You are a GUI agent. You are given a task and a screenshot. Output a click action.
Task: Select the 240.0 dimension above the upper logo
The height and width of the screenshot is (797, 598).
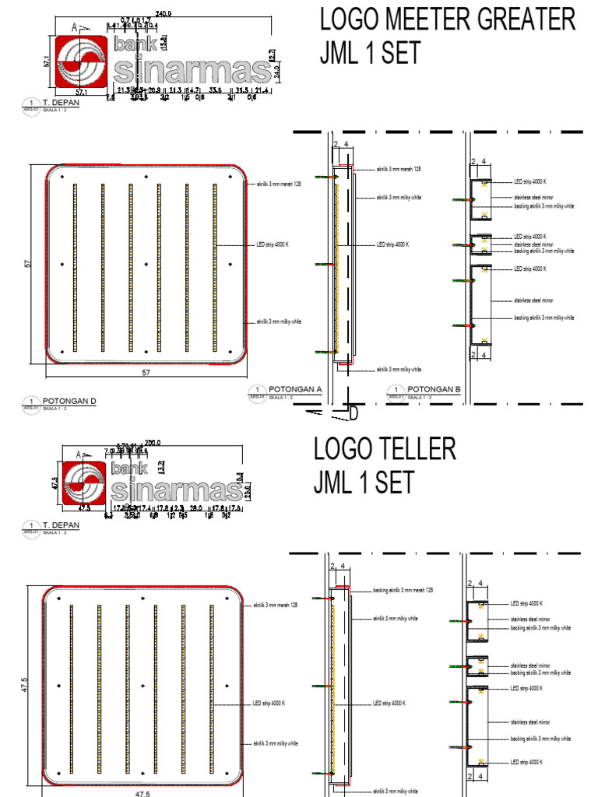click(x=164, y=13)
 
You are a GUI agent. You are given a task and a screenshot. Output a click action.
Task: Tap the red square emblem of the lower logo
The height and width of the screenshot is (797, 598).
click(x=82, y=484)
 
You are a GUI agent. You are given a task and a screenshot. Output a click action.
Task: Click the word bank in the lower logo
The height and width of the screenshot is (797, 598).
click(x=128, y=469)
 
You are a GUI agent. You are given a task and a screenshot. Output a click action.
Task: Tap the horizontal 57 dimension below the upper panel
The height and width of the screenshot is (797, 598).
click(x=145, y=373)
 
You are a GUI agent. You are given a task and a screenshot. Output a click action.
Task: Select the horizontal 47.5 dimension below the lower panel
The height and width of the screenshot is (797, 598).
click(x=142, y=793)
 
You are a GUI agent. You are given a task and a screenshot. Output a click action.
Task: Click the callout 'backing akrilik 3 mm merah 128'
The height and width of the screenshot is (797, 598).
click(x=402, y=591)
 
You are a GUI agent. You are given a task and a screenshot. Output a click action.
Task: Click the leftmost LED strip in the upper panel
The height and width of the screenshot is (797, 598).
click(x=74, y=266)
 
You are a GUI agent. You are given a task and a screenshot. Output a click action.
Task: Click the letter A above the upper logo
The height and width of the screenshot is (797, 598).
click(x=75, y=26)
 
